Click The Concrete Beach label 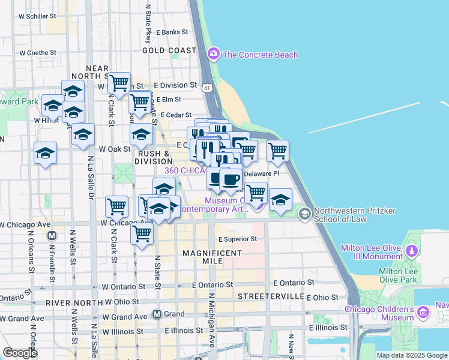coord(260,55)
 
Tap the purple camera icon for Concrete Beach coord(213,55)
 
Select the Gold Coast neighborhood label coord(169,50)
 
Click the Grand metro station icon coord(157,314)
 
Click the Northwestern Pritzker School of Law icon coord(305,214)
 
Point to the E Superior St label coord(238,239)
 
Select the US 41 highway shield coord(206,88)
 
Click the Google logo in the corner coord(20,353)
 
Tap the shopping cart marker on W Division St coord(119,83)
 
